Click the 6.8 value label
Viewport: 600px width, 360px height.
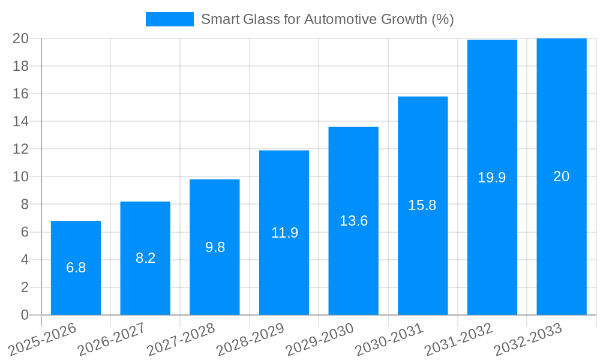pos(76,268)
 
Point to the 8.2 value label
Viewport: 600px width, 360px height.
pos(145,258)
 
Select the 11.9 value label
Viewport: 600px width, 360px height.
pos(284,233)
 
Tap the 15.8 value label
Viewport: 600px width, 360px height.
pos(422,205)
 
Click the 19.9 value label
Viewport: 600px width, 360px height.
pos(492,178)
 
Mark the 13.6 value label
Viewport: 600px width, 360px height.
pos(353,221)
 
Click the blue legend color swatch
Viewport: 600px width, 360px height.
pos(169,19)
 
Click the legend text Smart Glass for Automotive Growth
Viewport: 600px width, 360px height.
pos(327,19)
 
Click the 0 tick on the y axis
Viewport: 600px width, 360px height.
pos(25,315)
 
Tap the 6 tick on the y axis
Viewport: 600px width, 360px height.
pos(25,232)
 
